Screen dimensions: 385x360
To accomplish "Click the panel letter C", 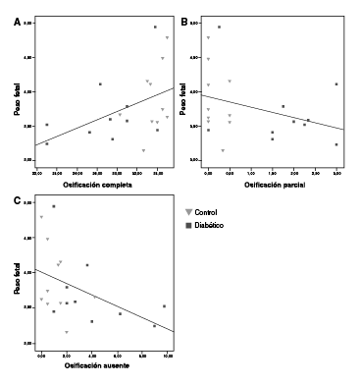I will point(16,200).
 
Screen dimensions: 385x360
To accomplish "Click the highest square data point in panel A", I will point(155,27).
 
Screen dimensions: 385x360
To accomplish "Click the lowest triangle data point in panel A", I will point(143,150).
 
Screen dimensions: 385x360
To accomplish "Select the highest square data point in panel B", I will point(219,27).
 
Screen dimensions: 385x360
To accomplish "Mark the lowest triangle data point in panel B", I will point(223,150).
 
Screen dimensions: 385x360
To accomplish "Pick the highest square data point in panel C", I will point(54,206).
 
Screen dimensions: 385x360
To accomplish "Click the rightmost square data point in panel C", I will point(164,306).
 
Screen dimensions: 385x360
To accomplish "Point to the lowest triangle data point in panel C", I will point(67,332).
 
